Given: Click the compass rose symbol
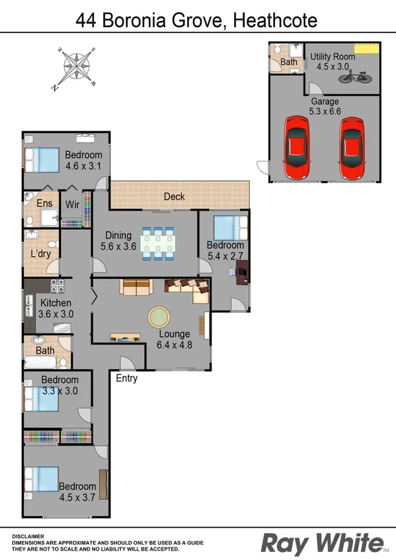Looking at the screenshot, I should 77,67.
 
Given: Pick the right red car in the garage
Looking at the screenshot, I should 352,148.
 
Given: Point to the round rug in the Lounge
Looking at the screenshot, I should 159,317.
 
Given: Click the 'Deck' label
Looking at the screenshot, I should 174,197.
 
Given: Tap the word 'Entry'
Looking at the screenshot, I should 127,378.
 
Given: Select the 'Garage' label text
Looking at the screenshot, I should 324,101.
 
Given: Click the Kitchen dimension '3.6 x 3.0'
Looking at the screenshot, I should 56,315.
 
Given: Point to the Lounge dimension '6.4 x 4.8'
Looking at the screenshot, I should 175,344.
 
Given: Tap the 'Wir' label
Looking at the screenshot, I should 72,205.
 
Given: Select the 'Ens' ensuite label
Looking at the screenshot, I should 44,203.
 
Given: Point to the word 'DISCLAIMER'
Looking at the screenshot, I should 28,537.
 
